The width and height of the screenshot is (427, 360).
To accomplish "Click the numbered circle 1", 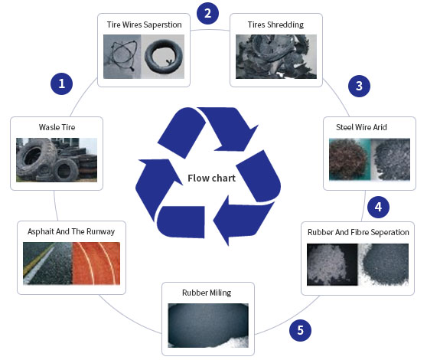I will point(61,83).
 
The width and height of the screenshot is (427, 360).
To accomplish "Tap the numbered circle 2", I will point(207,13).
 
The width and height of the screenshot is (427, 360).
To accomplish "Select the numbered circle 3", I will point(357,86).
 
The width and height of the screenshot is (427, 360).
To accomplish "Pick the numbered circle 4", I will point(376,206).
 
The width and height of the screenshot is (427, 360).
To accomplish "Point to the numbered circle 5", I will point(300,330).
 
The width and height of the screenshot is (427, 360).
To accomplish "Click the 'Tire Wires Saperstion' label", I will point(145,25).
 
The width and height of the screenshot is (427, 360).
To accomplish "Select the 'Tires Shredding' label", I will point(275,25).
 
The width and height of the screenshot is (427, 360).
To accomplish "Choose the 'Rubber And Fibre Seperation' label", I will point(358,232).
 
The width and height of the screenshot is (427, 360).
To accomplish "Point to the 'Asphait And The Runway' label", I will point(71,231).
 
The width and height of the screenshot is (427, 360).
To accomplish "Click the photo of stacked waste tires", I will point(57,159).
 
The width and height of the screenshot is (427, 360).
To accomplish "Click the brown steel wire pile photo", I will point(349,159).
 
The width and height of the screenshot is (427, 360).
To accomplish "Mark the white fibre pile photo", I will point(332,264).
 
